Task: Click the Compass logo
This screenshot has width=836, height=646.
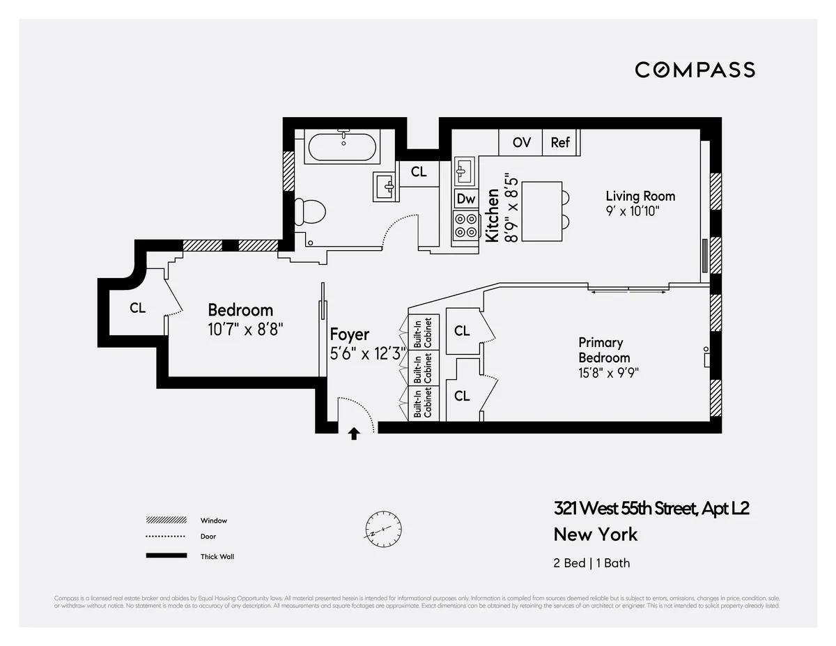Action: pyautogui.click(x=695, y=70)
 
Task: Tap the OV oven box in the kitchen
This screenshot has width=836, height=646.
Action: pyautogui.click(x=521, y=142)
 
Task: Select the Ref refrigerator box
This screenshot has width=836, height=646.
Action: pyautogui.click(x=560, y=142)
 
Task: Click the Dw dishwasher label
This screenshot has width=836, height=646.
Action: pyautogui.click(x=465, y=199)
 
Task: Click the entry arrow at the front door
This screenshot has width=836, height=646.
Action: pyautogui.click(x=354, y=433)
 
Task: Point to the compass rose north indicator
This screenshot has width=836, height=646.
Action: pyautogui.click(x=384, y=530)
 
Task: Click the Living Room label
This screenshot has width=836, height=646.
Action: pyautogui.click(x=640, y=196)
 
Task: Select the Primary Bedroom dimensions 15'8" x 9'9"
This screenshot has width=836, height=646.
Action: pyautogui.click(x=608, y=373)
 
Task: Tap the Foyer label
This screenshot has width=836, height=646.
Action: pyautogui.click(x=349, y=334)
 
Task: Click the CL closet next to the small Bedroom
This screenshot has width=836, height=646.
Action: pyautogui.click(x=138, y=307)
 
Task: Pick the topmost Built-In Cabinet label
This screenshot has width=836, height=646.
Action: pyautogui.click(x=423, y=332)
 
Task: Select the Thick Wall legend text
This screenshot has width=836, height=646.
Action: pyautogui.click(x=217, y=556)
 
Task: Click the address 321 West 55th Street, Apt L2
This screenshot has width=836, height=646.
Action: pyautogui.click(x=651, y=508)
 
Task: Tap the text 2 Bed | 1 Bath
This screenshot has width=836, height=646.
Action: pyautogui.click(x=591, y=562)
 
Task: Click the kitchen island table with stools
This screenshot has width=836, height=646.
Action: pyautogui.click(x=542, y=211)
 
